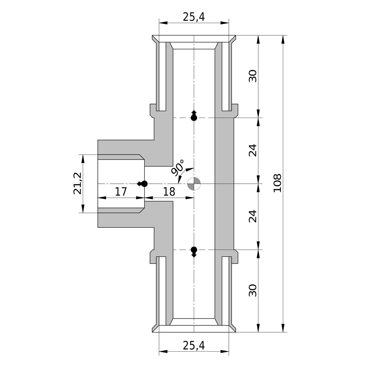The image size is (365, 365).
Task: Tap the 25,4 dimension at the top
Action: coord(193,17)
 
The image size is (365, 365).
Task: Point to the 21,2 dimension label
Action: coord(77,183)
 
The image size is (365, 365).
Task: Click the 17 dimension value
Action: coord(121,192)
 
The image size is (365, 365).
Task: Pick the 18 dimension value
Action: coord(169,192)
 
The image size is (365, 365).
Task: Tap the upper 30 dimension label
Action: coord(253,76)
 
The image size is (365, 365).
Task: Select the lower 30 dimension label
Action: coord(253,290)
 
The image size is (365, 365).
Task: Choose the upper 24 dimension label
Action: coord(253,150)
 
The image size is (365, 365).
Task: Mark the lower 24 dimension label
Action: coord(253,216)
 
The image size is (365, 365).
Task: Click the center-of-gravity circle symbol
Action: coord(194,184)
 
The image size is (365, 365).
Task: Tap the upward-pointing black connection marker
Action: coord(194,115)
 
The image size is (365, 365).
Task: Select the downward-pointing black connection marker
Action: coord(194,252)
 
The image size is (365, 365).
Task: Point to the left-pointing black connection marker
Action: coord(142,184)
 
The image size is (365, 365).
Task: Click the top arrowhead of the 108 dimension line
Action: coord(283,39)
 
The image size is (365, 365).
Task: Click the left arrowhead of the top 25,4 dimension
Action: coord(163,23)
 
